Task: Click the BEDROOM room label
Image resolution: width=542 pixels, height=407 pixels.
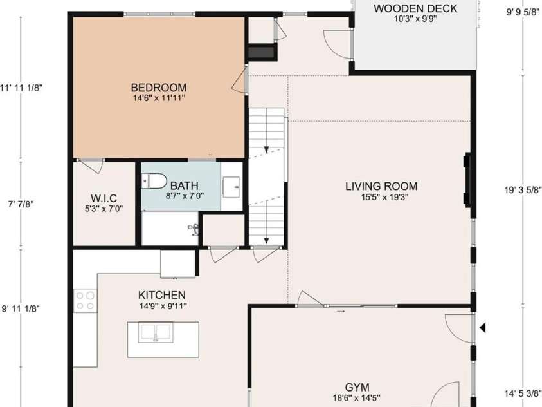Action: pos(158,88)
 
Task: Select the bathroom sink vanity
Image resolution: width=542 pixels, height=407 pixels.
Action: pos(231,187)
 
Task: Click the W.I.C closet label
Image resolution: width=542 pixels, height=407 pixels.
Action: pos(104,198)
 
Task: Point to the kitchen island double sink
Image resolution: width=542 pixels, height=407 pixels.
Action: pos(154,332)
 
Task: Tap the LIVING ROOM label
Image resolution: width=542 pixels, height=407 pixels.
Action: pos(376,187)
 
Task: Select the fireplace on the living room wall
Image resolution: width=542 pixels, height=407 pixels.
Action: pos(468,185)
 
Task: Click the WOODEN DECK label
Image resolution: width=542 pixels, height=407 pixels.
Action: pos(415,8)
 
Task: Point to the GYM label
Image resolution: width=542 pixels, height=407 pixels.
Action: pos(357,387)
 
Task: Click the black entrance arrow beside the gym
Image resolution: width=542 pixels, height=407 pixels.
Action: pos(483,328)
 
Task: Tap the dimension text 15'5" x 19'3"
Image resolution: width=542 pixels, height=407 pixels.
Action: pos(376,198)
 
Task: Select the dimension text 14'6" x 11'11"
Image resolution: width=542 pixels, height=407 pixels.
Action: pos(158,99)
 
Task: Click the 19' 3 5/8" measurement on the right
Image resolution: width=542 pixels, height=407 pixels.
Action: pos(523,190)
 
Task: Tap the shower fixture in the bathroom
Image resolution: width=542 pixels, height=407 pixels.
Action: pos(192,228)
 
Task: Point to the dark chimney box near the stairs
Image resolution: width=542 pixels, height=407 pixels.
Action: pos(261,52)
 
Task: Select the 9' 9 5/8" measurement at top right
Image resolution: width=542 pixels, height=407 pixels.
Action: pos(523,11)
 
